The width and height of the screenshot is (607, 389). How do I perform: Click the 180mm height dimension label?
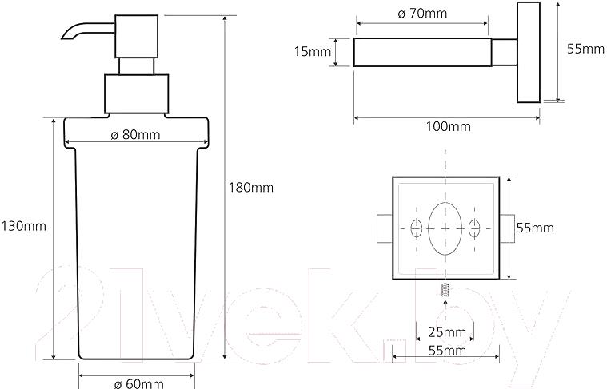pyautogui.click(x=251, y=188)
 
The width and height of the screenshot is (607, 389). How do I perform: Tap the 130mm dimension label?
pyautogui.click(x=24, y=226)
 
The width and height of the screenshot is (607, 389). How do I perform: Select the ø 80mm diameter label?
pyautogui.click(x=135, y=134)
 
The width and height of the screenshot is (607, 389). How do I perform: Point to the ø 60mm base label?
pyautogui.click(x=138, y=383)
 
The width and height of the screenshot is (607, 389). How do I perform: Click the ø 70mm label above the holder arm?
pyautogui.click(x=422, y=14)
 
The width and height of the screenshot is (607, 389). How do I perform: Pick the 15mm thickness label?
pyautogui.click(x=313, y=51)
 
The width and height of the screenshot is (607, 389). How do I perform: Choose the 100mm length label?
pyautogui.click(x=449, y=126)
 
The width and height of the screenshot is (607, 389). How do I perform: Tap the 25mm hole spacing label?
pyautogui.click(x=447, y=331)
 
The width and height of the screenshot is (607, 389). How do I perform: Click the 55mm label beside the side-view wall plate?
pyautogui.click(x=585, y=49)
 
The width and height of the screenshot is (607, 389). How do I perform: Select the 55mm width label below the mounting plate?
pyautogui.click(x=447, y=351)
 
